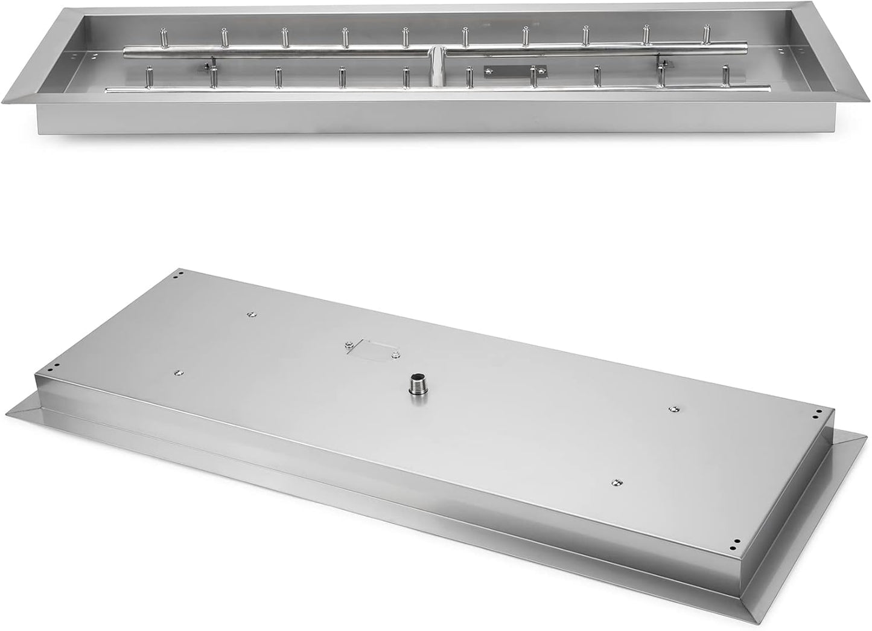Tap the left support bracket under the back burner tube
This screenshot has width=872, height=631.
click(208, 65)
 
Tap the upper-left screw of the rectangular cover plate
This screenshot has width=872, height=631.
click(349, 344)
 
